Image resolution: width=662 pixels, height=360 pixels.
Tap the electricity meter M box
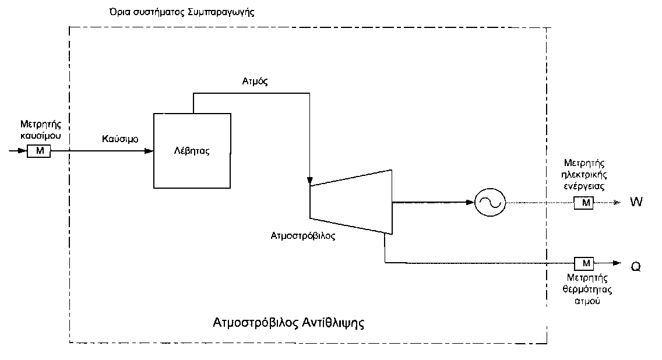coord(583,203)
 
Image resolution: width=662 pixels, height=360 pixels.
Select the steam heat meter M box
coord(584,263)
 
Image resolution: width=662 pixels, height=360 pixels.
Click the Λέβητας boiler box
coord(191,151)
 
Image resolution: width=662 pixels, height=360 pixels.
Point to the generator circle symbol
coord(490,203)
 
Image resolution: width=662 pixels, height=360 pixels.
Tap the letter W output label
coord(636,203)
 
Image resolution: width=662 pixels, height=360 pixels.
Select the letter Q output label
coord(636,267)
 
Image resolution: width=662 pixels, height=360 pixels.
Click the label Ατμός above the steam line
coord(255,82)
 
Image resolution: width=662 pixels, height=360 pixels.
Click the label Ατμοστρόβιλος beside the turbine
coord(303,237)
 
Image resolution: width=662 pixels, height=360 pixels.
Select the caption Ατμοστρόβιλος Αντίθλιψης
coord(288,323)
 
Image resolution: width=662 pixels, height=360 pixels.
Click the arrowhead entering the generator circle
coord(470,203)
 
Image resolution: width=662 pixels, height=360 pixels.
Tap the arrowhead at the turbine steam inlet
coord(309,179)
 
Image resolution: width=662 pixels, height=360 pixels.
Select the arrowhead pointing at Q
coord(617,263)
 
